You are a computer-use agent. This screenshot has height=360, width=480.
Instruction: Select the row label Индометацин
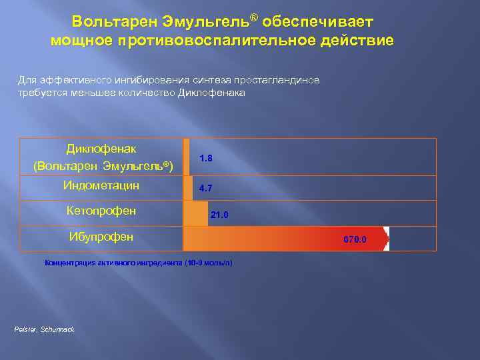[101, 186]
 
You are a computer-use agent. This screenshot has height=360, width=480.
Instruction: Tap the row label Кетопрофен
[101, 211]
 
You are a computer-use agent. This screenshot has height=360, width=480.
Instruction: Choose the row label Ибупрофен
[101, 237]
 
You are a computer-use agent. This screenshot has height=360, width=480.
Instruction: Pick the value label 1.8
[206, 158]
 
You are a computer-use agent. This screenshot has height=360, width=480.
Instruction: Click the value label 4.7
[205, 189]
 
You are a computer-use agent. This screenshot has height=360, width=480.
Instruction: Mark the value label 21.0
[219, 215]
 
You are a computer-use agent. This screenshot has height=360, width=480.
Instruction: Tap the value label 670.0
[355, 239]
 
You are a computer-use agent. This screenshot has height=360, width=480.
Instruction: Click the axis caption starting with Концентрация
[139, 263]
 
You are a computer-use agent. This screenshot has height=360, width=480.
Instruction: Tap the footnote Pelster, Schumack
[44, 330]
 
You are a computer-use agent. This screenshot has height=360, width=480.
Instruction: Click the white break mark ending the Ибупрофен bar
[386, 239]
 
